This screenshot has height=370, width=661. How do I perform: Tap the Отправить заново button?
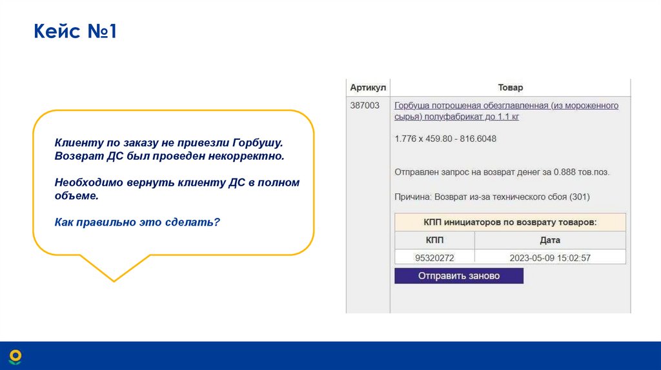pyautogui.click(x=458, y=276)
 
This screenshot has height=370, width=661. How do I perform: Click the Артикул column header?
pyautogui.click(x=367, y=87)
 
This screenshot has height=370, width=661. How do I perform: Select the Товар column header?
pyautogui.click(x=510, y=87)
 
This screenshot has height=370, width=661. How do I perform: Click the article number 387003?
pyautogui.click(x=365, y=105)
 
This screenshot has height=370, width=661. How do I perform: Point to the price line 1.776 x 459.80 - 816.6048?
pyautogui.click(x=445, y=139)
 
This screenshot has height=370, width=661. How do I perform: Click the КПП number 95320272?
pyautogui.click(x=434, y=258)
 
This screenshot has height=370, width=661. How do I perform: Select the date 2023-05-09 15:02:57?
pyautogui.click(x=550, y=258)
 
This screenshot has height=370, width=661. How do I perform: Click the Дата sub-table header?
pyautogui.click(x=550, y=240)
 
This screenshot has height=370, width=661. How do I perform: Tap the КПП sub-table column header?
pyautogui.click(x=434, y=240)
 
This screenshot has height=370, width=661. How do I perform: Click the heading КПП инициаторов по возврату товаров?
pyautogui.click(x=510, y=222)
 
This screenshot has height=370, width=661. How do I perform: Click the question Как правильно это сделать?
pyautogui.click(x=137, y=222)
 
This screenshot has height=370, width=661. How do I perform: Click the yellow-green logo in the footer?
pyautogui.click(x=15, y=356)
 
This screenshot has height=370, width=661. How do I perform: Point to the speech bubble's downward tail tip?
pyautogui.click(x=114, y=281)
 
